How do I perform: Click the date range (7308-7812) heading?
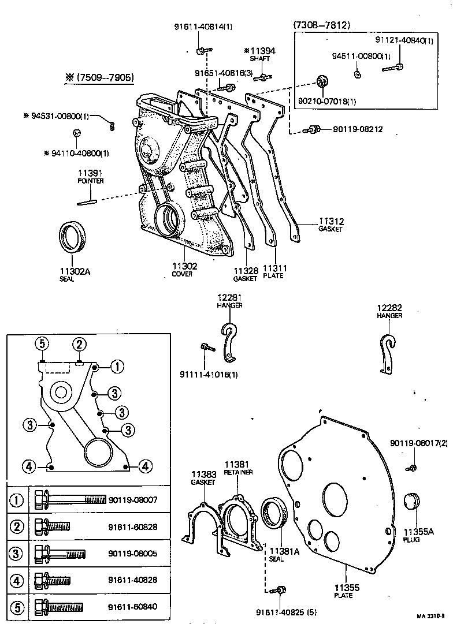click(x=322, y=25)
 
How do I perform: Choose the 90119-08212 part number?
click(x=358, y=129)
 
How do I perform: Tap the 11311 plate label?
click(x=275, y=271)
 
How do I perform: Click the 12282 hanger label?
click(x=389, y=312)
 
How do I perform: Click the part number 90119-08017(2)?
click(x=419, y=443)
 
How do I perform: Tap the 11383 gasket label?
click(x=203, y=477)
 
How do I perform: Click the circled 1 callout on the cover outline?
click(x=117, y=366)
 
